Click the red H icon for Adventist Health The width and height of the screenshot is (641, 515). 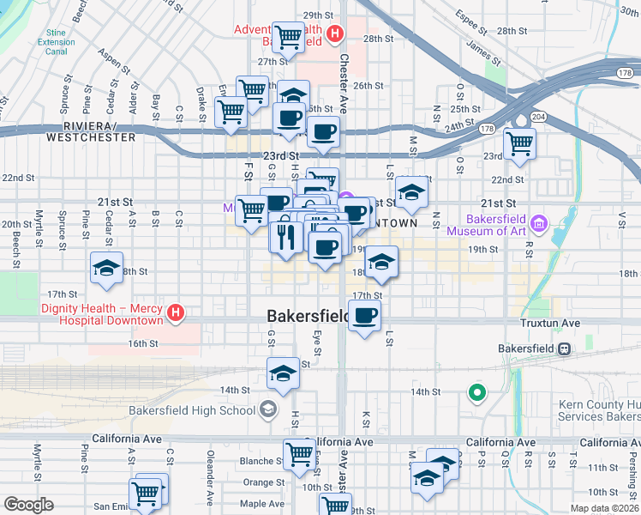(x=335, y=36)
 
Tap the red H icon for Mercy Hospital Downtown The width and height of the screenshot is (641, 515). (x=176, y=312)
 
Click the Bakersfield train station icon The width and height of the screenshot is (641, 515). (x=565, y=348)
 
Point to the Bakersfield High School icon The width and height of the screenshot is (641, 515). (x=268, y=409)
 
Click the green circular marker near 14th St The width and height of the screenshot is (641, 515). (x=477, y=394)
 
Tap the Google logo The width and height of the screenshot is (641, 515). (x=28, y=505)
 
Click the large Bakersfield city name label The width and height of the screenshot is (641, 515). (x=307, y=317)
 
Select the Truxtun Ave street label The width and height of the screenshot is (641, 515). (x=550, y=324)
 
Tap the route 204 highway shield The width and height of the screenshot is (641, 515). (x=537, y=116)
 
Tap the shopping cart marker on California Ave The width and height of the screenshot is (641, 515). (x=298, y=454)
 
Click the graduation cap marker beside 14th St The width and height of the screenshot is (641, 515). (x=283, y=373)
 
